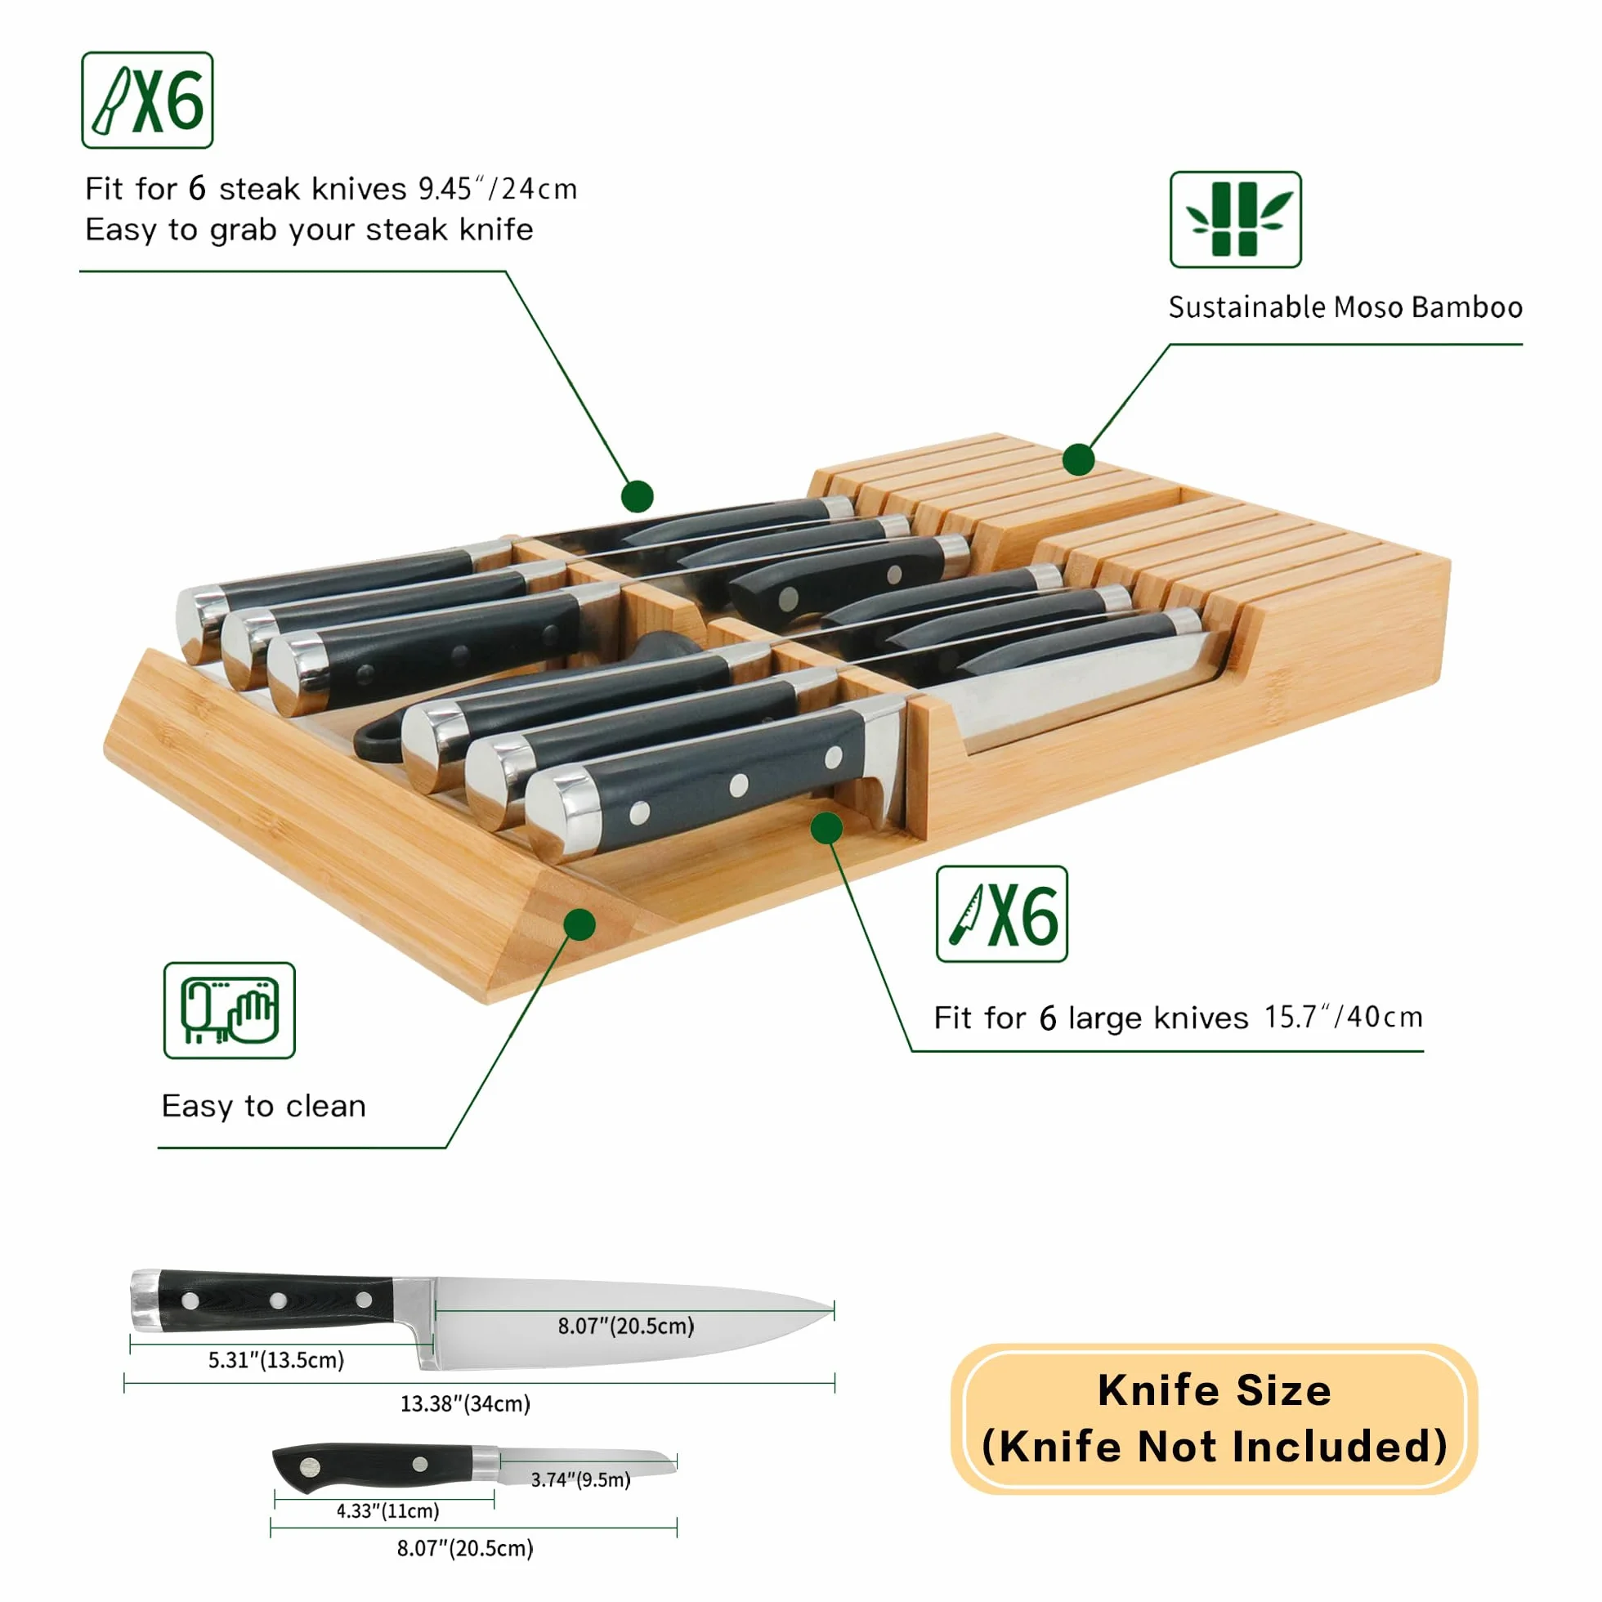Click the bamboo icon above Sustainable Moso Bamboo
pos(1236,220)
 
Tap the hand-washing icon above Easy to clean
pos(230,1010)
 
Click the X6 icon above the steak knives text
pos(148,101)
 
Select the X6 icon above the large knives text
pos(1002,914)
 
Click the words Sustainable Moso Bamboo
pos(1345,307)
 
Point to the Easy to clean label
pos(264,1106)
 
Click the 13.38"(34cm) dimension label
pos(465,1404)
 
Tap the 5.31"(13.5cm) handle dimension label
pos(276,1360)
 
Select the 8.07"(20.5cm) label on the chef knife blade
pos(626,1326)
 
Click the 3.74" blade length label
pos(580,1480)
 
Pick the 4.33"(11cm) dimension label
pos(388,1510)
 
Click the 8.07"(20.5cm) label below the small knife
pos(465,1548)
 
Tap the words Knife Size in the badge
pos(1214,1390)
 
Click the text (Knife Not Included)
pos(1214,1447)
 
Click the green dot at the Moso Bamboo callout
pos(1078,459)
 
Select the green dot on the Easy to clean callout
pos(579,924)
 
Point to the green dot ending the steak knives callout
pos(637,496)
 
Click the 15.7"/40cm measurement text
pos(1343,1017)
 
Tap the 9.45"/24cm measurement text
pos(498,189)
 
